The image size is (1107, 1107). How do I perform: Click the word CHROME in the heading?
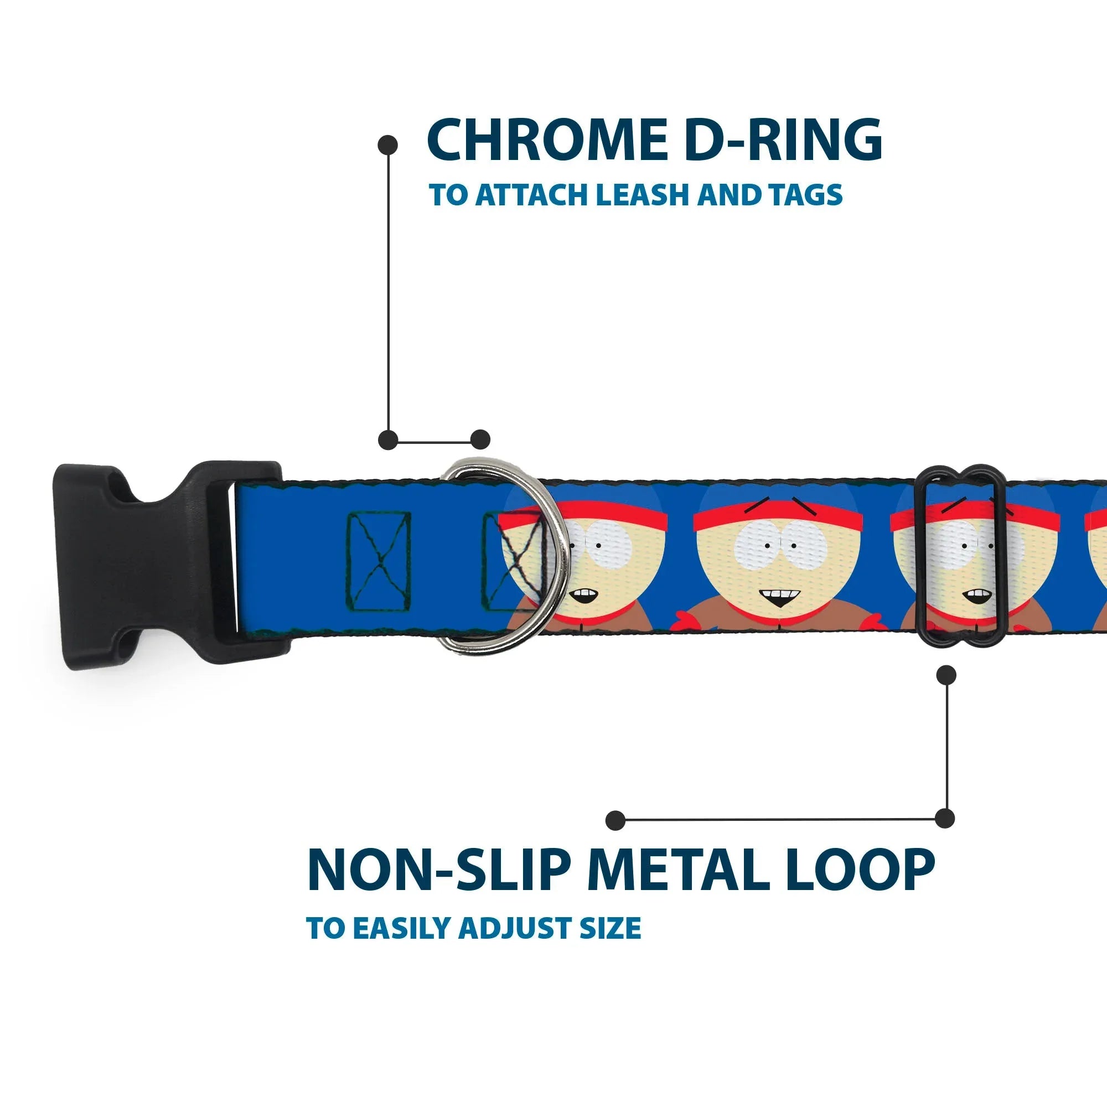(x=547, y=141)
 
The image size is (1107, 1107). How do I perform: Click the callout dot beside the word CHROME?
(x=388, y=145)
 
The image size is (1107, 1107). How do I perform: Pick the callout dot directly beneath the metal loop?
(x=946, y=675)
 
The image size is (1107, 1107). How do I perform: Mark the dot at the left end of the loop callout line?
(x=615, y=820)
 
